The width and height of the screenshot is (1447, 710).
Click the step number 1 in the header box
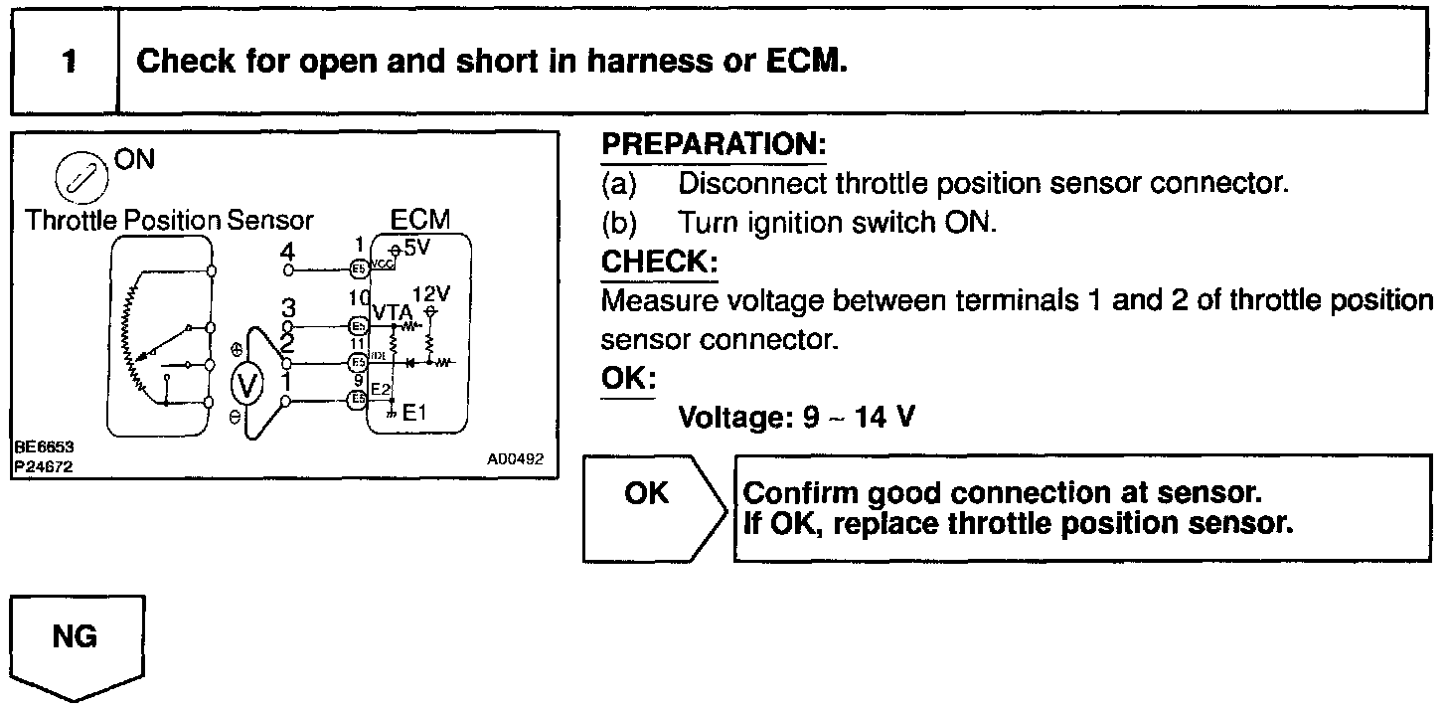[x=67, y=63]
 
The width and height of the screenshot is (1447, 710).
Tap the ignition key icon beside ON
[x=74, y=179]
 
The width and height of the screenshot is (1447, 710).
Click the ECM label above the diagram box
[x=420, y=220]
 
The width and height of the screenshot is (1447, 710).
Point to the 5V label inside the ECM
[x=416, y=246]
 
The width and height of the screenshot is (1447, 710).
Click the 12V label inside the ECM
[x=431, y=294]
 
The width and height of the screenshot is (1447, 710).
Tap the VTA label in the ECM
[x=392, y=311]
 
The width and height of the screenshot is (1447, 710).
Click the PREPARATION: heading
[x=714, y=145]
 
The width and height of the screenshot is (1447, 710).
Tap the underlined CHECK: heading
[x=659, y=264]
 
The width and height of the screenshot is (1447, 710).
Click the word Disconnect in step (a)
[x=751, y=184]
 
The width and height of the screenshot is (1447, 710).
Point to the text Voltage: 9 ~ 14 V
[x=795, y=417]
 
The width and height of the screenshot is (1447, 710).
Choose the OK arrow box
[x=651, y=507]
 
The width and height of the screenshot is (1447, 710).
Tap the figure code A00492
[x=515, y=459]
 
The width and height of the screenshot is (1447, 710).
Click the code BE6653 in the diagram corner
[x=44, y=448]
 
